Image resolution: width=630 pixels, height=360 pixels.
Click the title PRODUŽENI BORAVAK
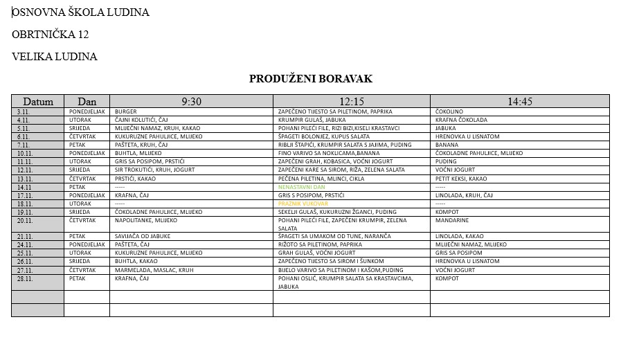click(310, 79)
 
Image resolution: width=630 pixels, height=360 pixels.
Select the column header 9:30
click(191, 101)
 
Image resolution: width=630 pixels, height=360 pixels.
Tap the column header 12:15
click(352, 101)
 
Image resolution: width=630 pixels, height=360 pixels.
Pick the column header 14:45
click(520, 101)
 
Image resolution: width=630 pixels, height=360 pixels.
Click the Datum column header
click(37, 101)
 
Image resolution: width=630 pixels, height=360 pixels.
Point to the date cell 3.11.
click(24, 111)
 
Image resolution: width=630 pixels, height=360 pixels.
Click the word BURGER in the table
click(126, 111)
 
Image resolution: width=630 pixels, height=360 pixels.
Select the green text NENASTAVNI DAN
click(300, 187)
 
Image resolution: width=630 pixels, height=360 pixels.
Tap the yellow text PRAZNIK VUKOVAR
click(303, 204)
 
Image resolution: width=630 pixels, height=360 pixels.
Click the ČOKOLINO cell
click(449, 111)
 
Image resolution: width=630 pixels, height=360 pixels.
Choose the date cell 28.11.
click(26, 279)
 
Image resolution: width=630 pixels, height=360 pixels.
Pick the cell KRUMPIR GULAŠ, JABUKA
click(312, 120)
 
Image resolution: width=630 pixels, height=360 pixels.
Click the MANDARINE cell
click(453, 220)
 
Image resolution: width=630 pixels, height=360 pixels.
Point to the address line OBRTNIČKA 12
click(50, 35)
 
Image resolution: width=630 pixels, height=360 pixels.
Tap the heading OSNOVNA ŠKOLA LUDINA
click(80, 12)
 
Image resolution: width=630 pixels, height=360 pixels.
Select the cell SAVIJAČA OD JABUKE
click(141, 236)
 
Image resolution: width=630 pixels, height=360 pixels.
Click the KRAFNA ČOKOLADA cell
click(461, 120)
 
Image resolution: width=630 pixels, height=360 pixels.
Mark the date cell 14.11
click(25, 187)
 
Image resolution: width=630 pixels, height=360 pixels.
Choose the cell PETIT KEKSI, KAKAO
click(461, 179)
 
